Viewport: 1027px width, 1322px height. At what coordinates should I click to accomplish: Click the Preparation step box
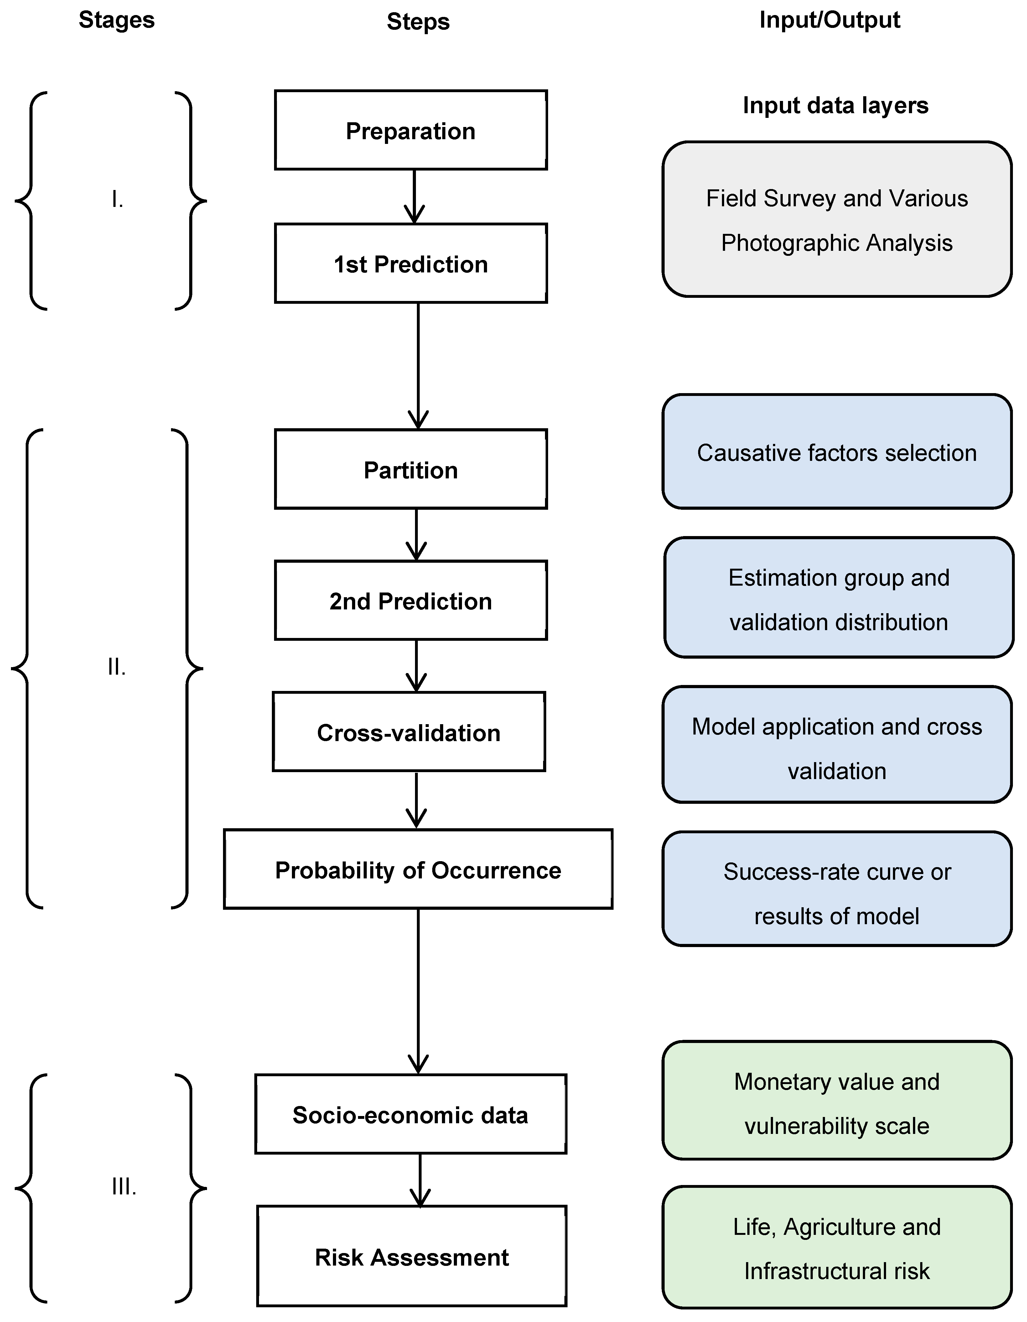tap(411, 130)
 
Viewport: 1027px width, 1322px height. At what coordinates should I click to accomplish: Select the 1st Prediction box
tap(411, 263)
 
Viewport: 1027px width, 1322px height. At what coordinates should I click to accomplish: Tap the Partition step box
tap(411, 469)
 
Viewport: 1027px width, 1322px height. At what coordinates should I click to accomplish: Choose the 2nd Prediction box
tap(411, 600)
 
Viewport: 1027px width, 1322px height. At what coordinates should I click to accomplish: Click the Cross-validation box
tap(409, 732)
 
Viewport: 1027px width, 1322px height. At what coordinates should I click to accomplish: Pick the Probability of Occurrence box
tap(418, 869)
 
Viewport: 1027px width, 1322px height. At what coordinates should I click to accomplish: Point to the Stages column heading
tap(117, 20)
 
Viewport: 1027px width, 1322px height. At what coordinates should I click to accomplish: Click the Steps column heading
tap(418, 22)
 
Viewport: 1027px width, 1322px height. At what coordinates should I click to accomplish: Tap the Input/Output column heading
tap(829, 20)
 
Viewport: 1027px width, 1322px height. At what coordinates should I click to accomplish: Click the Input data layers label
tap(835, 105)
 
